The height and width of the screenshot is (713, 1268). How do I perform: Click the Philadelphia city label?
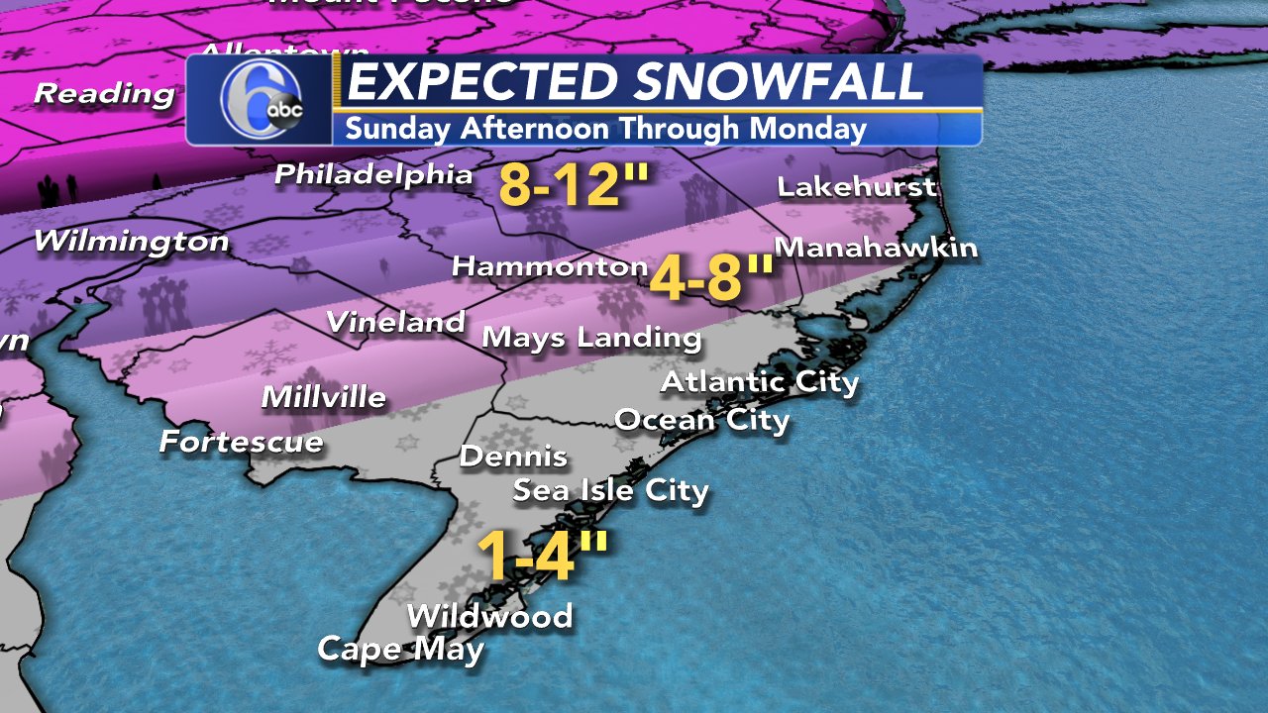(x=373, y=175)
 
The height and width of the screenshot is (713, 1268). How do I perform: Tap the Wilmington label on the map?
(x=131, y=242)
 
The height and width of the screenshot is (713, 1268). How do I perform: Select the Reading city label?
(x=104, y=95)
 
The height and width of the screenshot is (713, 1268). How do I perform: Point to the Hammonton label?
(x=550, y=266)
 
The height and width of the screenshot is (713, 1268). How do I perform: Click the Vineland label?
(x=395, y=322)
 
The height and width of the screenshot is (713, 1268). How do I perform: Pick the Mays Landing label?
(x=591, y=338)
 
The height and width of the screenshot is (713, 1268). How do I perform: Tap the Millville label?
(x=323, y=398)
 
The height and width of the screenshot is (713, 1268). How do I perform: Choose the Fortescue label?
(x=242, y=442)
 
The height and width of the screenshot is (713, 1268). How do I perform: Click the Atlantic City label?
(x=759, y=382)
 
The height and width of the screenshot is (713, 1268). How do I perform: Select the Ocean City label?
(x=701, y=420)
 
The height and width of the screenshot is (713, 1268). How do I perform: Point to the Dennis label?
(x=513, y=457)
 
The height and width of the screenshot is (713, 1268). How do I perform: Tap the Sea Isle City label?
(x=610, y=490)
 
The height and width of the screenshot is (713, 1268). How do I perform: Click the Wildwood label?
(x=489, y=616)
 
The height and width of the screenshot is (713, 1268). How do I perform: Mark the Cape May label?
(x=400, y=650)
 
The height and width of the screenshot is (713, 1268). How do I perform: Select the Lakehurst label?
(x=856, y=186)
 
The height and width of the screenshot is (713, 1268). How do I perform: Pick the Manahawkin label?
(x=876, y=248)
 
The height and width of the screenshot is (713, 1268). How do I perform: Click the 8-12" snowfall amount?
(x=575, y=184)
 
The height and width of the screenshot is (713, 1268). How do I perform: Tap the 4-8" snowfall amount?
(x=709, y=279)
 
